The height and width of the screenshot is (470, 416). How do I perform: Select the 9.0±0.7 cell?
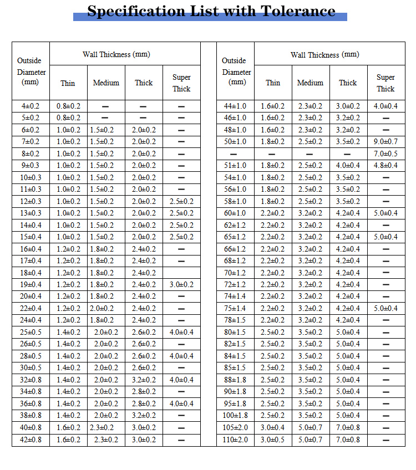click(385, 142)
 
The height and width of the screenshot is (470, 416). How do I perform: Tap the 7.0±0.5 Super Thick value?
click(385, 154)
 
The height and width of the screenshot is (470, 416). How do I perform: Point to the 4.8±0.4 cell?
click(385, 165)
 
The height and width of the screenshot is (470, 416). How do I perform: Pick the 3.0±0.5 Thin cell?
click(272, 440)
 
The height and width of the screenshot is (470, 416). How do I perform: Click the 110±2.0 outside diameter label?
click(235, 440)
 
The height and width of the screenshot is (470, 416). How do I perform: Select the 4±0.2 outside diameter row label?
click(31, 106)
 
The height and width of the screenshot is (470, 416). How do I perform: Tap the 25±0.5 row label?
click(31, 332)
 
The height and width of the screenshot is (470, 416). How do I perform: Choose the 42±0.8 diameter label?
click(31, 440)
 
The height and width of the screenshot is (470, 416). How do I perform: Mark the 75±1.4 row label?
click(235, 308)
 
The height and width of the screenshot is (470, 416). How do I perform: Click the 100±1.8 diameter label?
click(235, 416)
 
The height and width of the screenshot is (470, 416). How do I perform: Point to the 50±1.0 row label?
click(235, 142)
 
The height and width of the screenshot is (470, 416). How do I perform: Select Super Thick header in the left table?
click(181, 83)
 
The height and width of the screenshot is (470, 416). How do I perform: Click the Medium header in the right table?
click(310, 83)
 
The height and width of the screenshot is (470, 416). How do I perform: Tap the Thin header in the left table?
click(68, 83)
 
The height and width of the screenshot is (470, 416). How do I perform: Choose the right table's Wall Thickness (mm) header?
click(324, 54)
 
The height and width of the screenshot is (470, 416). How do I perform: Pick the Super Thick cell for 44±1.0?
click(385, 106)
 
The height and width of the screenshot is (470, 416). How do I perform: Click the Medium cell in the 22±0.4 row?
click(106, 308)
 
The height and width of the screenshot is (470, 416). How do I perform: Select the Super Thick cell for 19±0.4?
click(181, 284)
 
